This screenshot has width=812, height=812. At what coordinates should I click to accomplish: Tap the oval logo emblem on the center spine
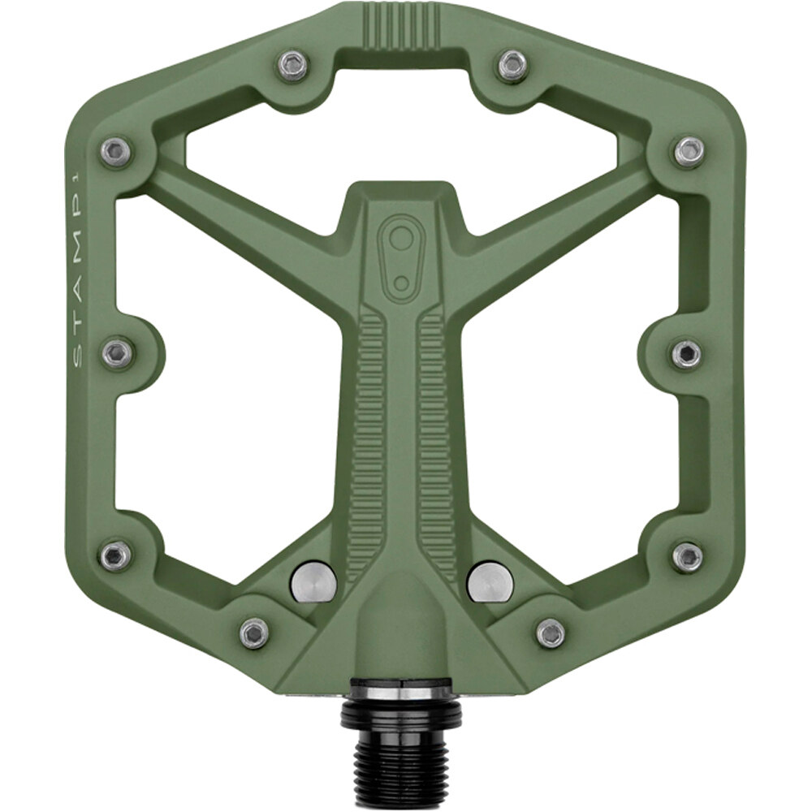pos(400,251)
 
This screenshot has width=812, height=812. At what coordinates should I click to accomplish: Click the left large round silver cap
pos(313,581)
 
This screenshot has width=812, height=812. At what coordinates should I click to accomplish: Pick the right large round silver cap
pos(490,581)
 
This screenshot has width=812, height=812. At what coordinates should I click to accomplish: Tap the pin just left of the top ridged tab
pos(293,65)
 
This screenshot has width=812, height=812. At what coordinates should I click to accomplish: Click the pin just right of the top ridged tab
pos(512,65)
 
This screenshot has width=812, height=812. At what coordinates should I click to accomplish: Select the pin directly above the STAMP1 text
pos(117,152)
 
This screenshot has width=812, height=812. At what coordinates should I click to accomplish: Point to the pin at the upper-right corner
pos(689,152)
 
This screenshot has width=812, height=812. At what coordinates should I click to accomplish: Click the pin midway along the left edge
pos(117,353)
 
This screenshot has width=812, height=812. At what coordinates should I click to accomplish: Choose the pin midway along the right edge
pos(687,353)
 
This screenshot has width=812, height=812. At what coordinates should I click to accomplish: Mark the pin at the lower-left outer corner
pos(115,555)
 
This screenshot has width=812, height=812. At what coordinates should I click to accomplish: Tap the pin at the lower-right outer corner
pos(687,556)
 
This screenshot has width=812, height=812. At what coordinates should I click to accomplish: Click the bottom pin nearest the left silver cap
pos(254,633)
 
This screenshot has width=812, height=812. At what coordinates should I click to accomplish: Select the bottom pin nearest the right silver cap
pos(551,633)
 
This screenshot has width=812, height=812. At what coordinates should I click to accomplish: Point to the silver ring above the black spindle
pos(401,691)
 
